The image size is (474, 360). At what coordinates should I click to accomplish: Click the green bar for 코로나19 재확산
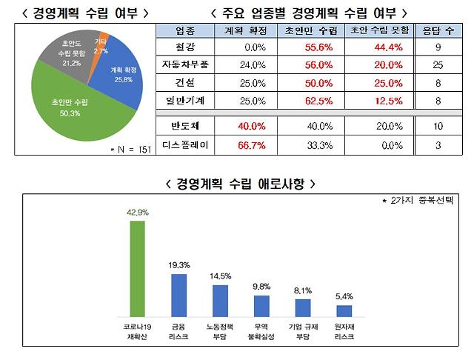[138, 267]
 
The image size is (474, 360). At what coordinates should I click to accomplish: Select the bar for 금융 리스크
[179, 295]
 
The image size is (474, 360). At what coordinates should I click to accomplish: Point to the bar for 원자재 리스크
[344, 310]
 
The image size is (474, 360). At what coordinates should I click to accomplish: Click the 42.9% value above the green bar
[138, 212]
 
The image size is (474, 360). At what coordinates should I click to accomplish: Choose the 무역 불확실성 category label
[261, 330]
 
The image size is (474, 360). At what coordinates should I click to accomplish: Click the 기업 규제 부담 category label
[303, 330]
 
